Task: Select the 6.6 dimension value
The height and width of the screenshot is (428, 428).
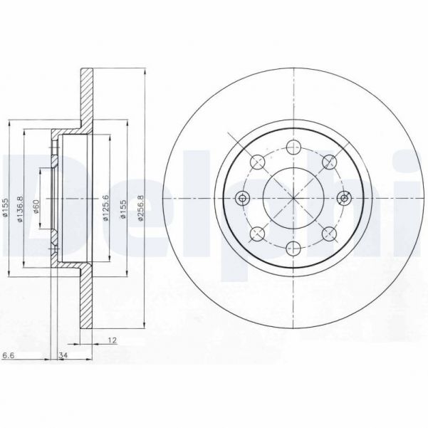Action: pos(9,355)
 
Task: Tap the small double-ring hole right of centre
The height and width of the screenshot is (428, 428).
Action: pos(345,198)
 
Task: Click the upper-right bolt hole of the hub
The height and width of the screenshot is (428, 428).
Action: pos(328,162)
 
